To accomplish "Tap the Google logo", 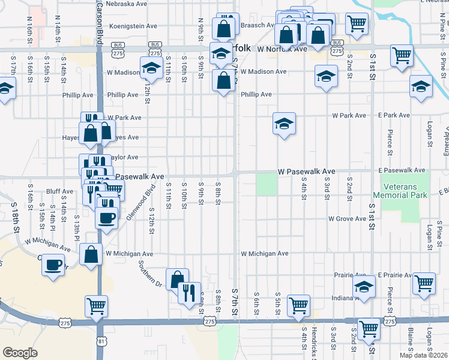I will click(x=20, y=353).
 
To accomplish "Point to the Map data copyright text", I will click(x=423, y=355).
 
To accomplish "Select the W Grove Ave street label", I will click(x=347, y=219).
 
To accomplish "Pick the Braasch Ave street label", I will click(x=258, y=26).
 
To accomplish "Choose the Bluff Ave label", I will click(x=59, y=191).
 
